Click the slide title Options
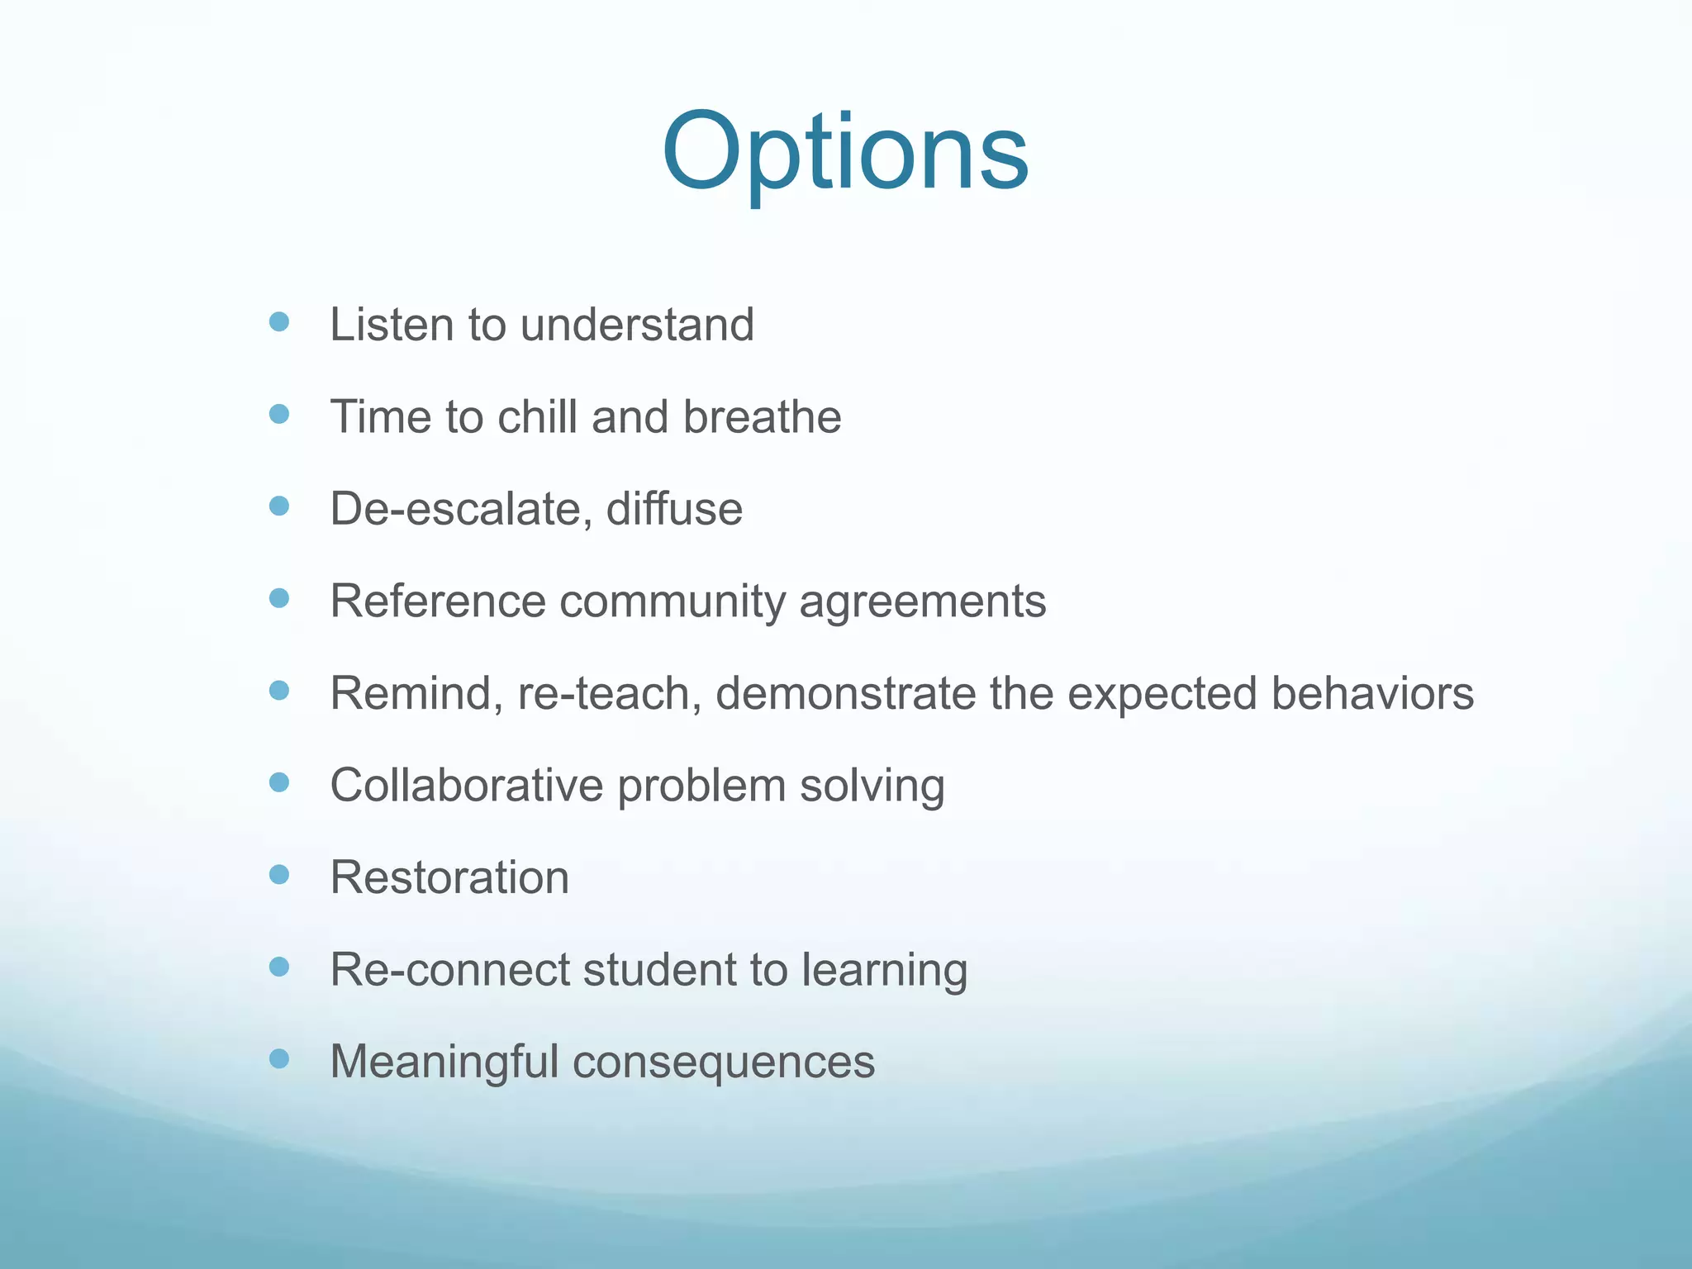844,153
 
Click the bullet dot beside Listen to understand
279,321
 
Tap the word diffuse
674,509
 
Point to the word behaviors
1372,693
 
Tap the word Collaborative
467,785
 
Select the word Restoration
449,877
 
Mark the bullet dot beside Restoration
279,874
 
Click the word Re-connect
449,969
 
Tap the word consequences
724,1063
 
